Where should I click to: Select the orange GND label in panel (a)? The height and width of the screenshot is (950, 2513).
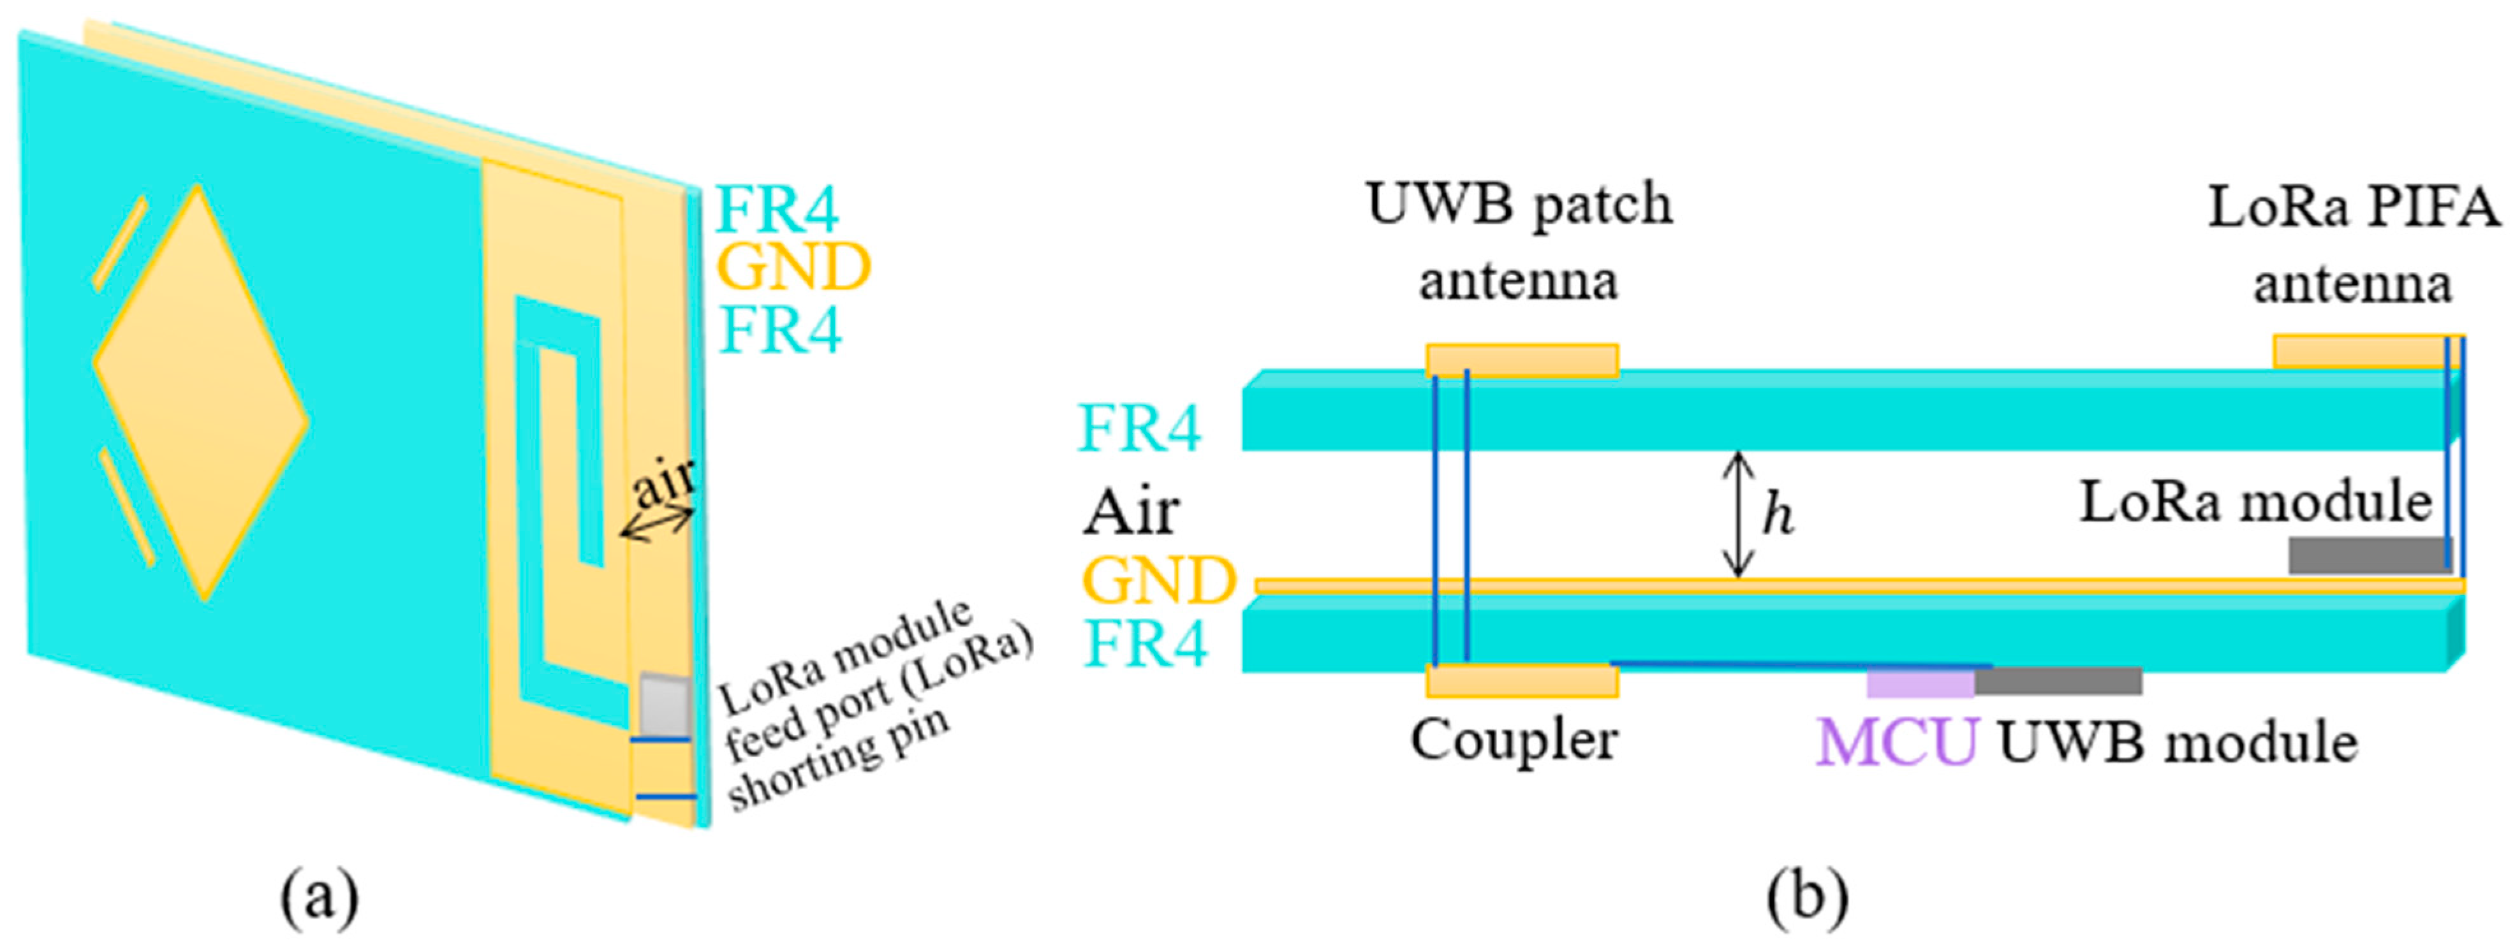pos(792,267)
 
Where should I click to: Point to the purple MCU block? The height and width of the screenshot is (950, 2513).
pos(1920,682)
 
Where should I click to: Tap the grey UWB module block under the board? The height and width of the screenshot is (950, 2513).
pos(2058,681)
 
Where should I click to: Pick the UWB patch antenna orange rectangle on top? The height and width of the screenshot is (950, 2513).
pos(1522,360)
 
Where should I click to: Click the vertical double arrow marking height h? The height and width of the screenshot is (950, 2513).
pos(1737,514)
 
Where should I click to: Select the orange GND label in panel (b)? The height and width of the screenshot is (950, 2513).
pos(1159,581)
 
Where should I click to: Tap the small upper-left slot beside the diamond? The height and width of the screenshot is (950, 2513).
pos(120,244)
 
